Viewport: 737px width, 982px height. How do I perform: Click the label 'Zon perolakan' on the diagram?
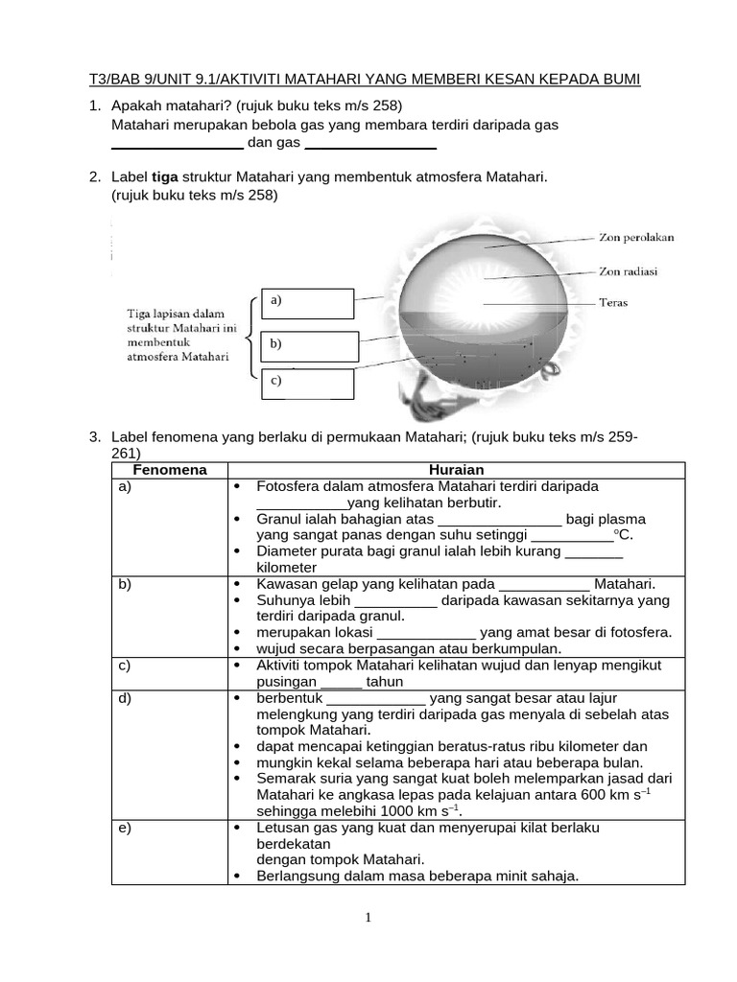point(636,237)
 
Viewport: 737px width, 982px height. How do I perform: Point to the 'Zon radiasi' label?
point(629,271)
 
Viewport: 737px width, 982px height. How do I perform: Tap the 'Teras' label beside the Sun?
point(613,303)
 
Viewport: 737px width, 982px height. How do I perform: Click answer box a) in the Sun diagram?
point(307,303)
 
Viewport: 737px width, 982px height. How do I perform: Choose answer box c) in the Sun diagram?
point(307,384)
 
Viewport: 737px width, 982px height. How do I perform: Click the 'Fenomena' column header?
point(169,470)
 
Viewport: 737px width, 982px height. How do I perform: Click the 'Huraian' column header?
point(456,470)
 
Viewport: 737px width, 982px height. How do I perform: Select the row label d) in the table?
point(125,698)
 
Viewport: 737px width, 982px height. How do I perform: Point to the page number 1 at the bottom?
point(368,918)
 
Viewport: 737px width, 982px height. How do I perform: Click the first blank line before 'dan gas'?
point(178,147)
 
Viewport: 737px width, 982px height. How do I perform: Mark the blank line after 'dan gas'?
point(370,147)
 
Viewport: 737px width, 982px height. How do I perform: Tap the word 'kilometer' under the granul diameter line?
point(287,568)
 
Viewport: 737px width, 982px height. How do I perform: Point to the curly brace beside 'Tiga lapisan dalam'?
point(250,339)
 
